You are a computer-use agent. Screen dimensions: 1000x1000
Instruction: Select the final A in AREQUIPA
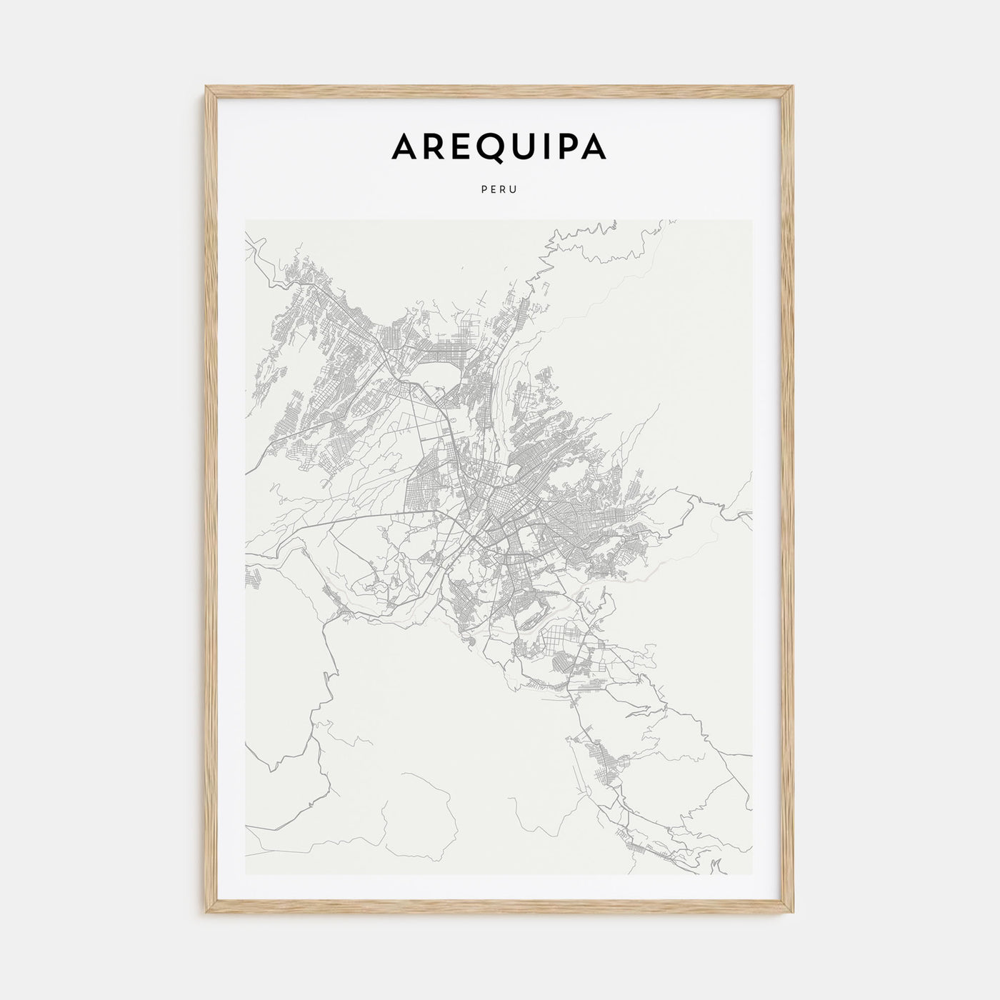point(593,146)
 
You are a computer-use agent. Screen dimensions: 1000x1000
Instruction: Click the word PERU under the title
point(499,191)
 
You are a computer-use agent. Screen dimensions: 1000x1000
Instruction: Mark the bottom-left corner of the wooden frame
point(206,916)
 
